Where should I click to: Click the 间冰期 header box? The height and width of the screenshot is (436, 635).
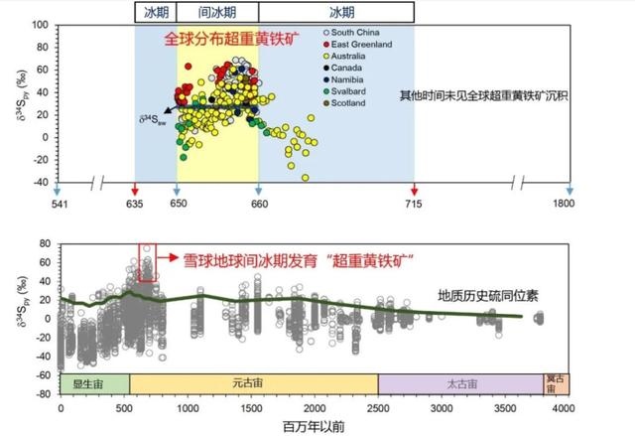[217, 12]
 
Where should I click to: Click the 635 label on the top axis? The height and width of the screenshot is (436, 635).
[136, 205]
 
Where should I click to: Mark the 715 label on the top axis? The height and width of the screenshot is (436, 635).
[415, 205]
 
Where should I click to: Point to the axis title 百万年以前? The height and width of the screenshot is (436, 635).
[315, 425]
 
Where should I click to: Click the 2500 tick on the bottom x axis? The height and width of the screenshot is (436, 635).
[378, 407]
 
